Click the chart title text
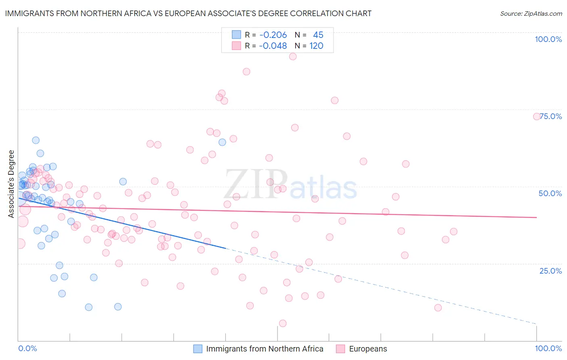[x=188, y=13]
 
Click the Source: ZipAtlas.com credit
[x=531, y=13]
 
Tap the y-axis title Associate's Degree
[x=11, y=184]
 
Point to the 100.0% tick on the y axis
[x=548, y=39]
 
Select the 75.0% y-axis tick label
[x=551, y=116]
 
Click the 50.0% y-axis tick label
[x=550, y=193]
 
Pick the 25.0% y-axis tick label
[x=550, y=271]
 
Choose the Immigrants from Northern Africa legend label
[x=265, y=349]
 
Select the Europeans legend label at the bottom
[x=368, y=349]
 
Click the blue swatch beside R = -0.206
[x=236, y=35]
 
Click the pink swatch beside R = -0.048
[x=236, y=46]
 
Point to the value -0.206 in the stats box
[x=273, y=35]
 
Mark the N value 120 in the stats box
[x=316, y=46]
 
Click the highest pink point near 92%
[x=293, y=57]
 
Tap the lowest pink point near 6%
[x=283, y=323]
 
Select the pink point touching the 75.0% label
[x=537, y=116]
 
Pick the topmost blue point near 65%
[x=36, y=140]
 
